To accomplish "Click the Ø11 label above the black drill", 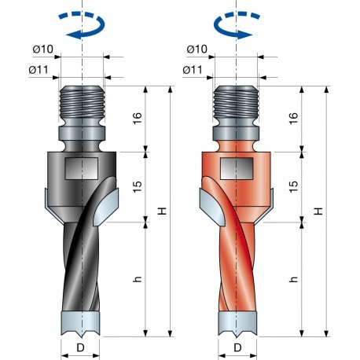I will (x=40, y=70).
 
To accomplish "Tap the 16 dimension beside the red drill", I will (x=292, y=119).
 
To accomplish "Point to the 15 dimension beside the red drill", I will (x=292, y=187).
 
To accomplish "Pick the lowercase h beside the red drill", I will (x=293, y=279).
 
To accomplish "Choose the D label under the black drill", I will (x=82, y=346).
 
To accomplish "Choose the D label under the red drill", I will (x=237, y=346).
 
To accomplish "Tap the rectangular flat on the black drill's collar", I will (x=82, y=167).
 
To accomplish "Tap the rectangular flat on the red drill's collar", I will (x=237, y=167).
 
